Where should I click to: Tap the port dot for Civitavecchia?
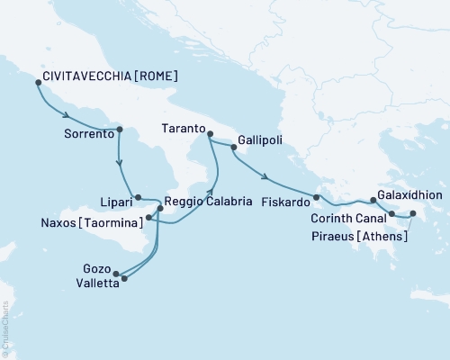(38, 82)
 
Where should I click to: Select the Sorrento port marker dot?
(119, 132)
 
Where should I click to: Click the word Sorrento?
(88, 132)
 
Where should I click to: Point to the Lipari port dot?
(137, 197)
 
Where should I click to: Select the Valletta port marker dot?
(123, 278)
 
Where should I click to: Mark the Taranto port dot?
(209, 135)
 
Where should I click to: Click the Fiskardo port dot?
(316, 197)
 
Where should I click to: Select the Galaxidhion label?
(411, 193)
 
